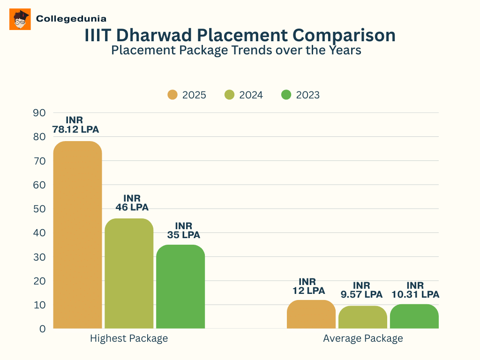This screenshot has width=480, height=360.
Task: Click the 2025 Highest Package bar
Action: (77, 234)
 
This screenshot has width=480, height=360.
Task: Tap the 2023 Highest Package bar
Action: (180, 286)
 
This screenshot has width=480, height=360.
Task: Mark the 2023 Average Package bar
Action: (414, 316)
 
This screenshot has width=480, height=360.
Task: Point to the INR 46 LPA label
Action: (132, 202)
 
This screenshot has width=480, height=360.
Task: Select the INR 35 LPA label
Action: (183, 230)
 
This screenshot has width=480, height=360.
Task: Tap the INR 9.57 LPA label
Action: (361, 290)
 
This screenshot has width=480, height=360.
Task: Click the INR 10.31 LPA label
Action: (415, 290)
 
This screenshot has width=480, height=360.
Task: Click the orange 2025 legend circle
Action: (172, 95)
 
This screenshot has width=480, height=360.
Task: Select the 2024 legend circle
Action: (230, 95)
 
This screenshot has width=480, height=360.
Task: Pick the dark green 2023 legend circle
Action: (286, 95)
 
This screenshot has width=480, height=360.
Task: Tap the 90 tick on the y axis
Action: (39, 112)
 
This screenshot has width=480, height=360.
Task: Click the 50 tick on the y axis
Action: (39, 209)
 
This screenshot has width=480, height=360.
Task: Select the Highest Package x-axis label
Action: (129, 338)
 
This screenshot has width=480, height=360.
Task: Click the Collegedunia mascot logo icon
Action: (20, 19)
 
